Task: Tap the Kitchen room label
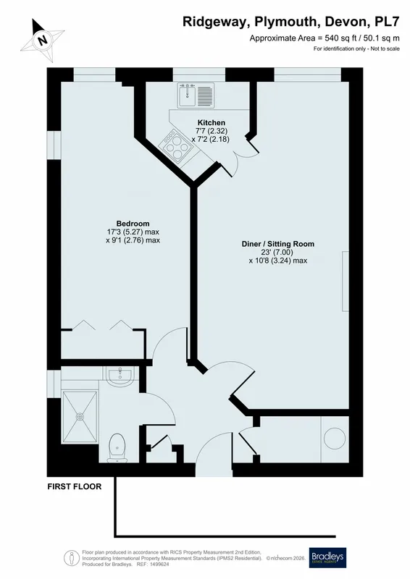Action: pyautogui.click(x=212, y=122)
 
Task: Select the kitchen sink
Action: pyautogui.click(x=188, y=96)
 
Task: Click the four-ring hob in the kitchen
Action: pyautogui.click(x=176, y=146)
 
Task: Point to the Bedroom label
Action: pyautogui.click(x=133, y=224)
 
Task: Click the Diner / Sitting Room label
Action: pyautogui.click(x=278, y=244)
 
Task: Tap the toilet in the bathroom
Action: pyautogui.click(x=117, y=447)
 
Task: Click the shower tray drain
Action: pyautogui.click(x=80, y=417)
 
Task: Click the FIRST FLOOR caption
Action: pyautogui.click(x=75, y=486)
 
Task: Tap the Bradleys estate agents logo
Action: pyautogui.click(x=328, y=557)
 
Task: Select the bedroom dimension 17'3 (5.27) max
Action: pyautogui.click(x=133, y=232)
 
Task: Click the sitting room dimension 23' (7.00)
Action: pyautogui.click(x=277, y=252)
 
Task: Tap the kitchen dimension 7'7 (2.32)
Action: pyautogui.click(x=212, y=131)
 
